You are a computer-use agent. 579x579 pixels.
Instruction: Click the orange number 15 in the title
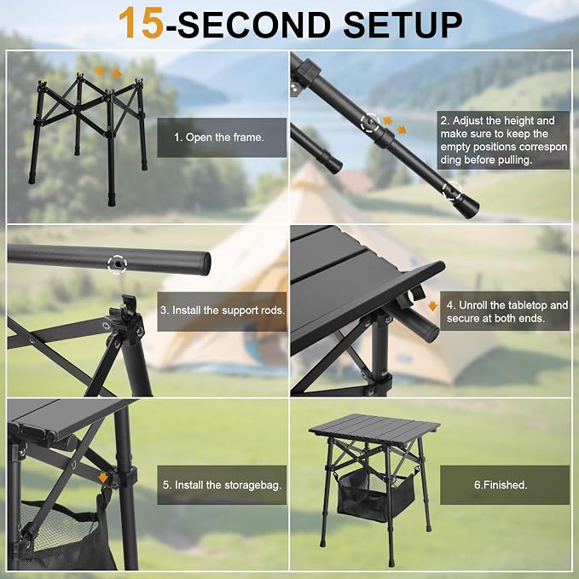pos(141,23)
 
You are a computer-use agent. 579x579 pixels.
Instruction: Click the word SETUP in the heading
pos(402,24)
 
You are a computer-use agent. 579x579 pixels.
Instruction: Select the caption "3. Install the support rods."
pos(222,311)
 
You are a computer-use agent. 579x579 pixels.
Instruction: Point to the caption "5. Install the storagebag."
pos(222,485)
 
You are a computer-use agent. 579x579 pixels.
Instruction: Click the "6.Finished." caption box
pos(505,485)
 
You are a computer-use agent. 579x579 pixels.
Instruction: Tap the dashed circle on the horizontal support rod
pos(118,264)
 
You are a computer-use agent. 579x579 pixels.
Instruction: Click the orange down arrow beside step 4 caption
pos(432,306)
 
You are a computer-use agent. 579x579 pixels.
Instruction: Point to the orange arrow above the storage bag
pos(103,478)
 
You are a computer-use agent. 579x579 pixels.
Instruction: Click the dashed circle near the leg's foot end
pos(452,191)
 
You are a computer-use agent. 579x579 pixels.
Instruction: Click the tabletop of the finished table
pos(374,426)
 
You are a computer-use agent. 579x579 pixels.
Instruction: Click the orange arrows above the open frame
pos(108,72)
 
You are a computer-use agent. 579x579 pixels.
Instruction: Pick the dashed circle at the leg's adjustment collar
pos(370,123)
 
